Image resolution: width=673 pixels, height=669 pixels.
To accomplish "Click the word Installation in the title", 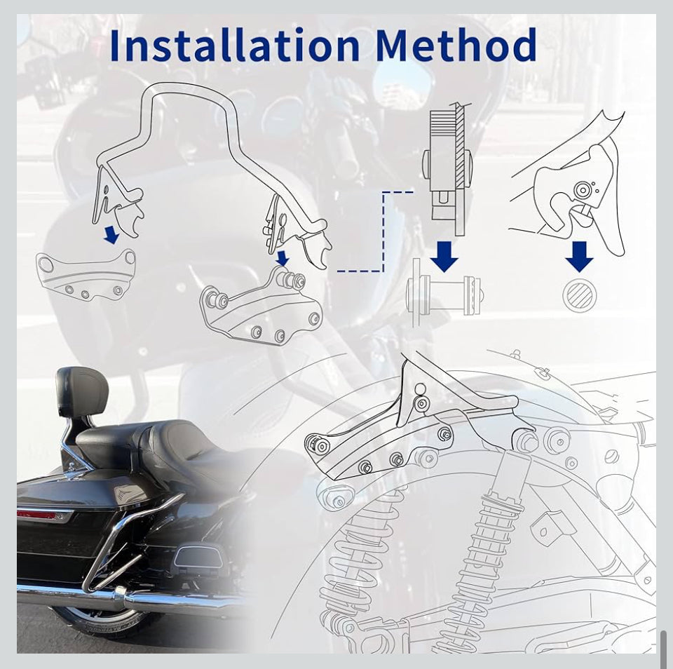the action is (235, 45).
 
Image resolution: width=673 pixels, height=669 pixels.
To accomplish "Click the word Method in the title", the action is (456, 45).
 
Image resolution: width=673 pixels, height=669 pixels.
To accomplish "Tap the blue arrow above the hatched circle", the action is (580, 257).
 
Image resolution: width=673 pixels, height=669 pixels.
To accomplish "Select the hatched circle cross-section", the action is (580, 295).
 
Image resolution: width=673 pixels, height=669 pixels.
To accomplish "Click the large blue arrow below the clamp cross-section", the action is (444, 257).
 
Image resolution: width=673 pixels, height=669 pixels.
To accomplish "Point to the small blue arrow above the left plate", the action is (111, 236).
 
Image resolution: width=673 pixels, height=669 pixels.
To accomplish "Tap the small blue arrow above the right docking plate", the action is (283, 259).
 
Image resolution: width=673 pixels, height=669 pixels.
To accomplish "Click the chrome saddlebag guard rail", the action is (129, 542).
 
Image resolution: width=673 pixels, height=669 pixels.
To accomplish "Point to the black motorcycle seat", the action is (142, 442).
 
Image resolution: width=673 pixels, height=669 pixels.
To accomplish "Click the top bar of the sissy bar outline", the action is (189, 87).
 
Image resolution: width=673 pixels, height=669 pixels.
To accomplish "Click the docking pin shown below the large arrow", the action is (444, 293).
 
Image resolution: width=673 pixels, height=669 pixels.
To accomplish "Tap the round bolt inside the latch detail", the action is (583, 190).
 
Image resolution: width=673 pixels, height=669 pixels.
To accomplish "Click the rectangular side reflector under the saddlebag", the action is (194, 557).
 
